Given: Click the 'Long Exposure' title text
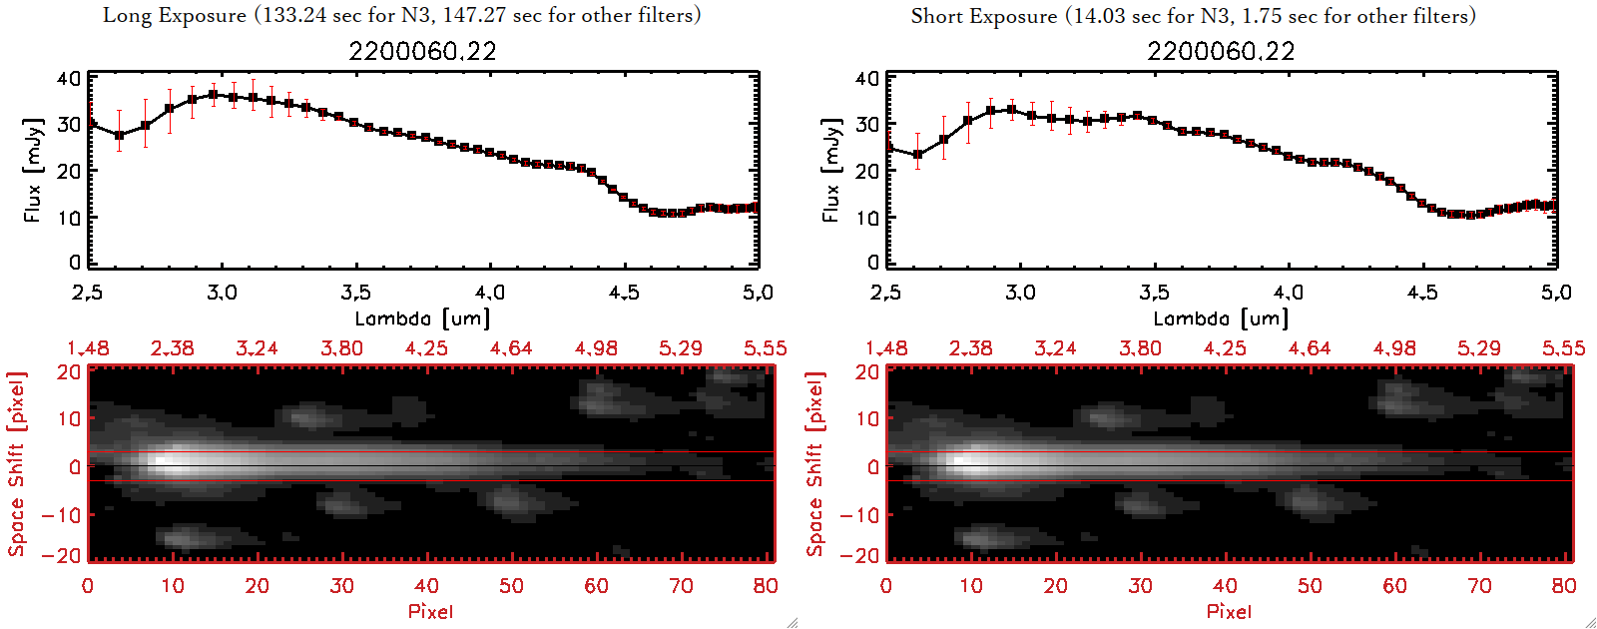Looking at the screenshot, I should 175,15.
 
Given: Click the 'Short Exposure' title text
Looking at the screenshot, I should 983,16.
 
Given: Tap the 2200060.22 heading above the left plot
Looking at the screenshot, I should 422,51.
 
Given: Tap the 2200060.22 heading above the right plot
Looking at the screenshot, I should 1221,51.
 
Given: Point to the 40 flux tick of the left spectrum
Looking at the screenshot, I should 69,78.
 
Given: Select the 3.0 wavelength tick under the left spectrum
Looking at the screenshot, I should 222,293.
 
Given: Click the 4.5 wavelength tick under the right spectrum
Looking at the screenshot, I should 1422,293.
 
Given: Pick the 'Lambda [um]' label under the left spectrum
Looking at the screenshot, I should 422,318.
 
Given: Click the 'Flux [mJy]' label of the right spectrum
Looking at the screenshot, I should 830,170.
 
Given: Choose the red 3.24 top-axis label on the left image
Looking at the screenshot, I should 257,348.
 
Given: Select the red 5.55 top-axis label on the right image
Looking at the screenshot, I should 1563,348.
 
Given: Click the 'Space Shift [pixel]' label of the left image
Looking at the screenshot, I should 17,464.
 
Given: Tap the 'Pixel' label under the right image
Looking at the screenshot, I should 1229,611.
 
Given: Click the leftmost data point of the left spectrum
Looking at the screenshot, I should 90,123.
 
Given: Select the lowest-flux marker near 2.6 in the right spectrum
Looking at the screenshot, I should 917,155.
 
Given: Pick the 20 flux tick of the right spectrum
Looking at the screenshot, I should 867,171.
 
